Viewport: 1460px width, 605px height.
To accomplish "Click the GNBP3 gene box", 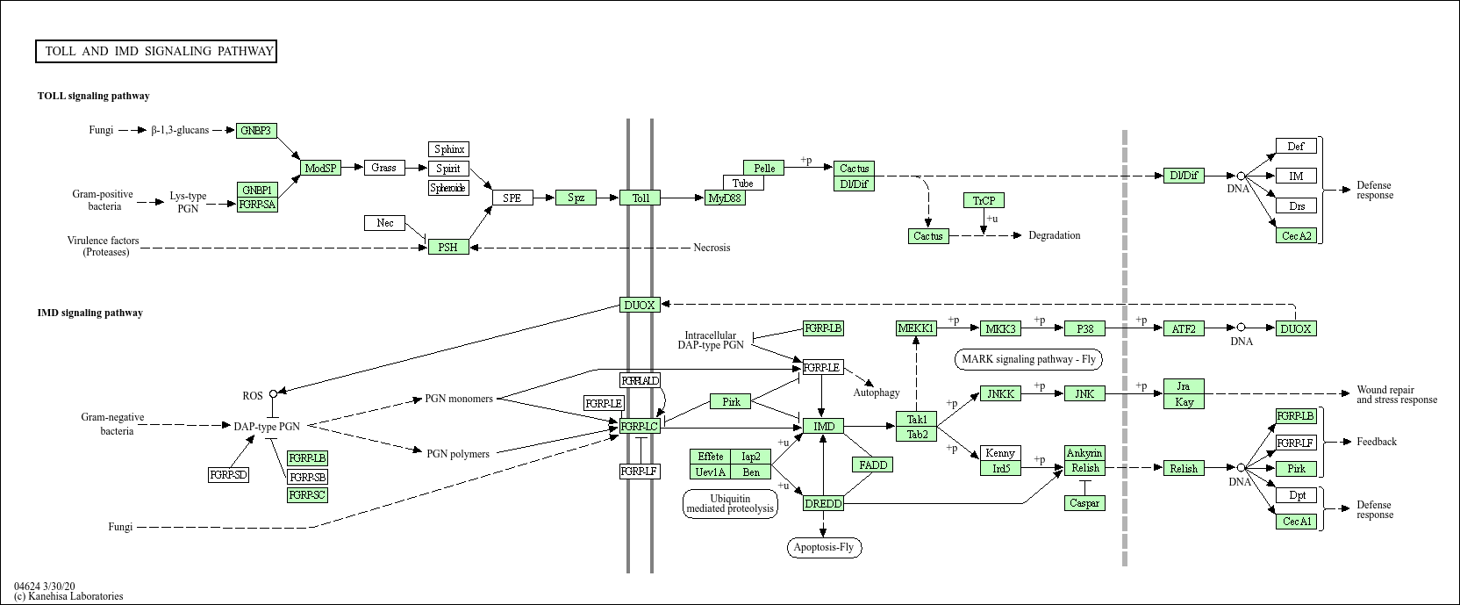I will pos(257,131).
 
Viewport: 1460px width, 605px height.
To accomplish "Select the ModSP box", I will pos(321,168).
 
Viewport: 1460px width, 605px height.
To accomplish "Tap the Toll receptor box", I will pos(641,198).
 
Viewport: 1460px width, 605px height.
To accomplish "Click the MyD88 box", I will pos(725,198).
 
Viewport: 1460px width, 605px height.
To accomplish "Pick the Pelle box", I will pos(764,168).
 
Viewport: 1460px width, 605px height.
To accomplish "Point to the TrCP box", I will pos(984,200).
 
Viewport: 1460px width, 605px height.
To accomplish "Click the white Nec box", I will pos(385,223).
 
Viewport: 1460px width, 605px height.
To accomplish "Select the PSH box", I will pos(447,247).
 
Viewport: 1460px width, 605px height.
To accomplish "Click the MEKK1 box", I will pos(916,328).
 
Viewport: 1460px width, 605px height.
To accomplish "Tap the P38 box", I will pos(1084,328).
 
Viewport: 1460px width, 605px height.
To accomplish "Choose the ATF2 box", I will pos(1184,328).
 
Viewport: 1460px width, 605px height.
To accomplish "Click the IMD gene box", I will pos(824,427).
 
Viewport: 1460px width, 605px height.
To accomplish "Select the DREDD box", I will pos(823,503).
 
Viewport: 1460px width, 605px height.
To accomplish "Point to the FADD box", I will pos(873,465).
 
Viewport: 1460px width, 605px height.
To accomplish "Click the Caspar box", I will pos(1084,503).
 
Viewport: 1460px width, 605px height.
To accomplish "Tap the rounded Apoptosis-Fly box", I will pos(823,548).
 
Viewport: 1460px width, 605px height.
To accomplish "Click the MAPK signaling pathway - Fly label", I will pos(1028,359).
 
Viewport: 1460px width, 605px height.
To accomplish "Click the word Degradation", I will pos(1054,235).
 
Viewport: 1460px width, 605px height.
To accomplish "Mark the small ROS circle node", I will pos(273,394).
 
